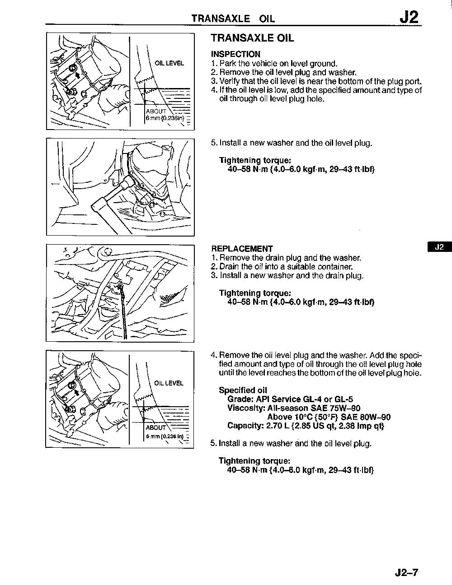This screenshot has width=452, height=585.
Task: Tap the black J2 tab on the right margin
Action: [439, 247]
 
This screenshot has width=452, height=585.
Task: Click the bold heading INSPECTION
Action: [235, 54]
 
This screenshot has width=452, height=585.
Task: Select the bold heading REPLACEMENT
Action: [242, 249]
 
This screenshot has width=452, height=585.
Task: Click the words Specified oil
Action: [243, 390]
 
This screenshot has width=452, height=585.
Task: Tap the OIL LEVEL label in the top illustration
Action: [169, 63]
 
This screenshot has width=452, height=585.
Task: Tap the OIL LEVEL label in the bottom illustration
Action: [169, 383]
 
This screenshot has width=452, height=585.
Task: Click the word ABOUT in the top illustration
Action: [156, 111]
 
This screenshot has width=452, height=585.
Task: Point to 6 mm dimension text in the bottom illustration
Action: [152, 436]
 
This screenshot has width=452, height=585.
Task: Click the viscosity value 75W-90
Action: [345, 408]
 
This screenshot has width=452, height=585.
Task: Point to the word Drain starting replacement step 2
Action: [229, 267]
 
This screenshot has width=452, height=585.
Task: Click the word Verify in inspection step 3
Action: [230, 82]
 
